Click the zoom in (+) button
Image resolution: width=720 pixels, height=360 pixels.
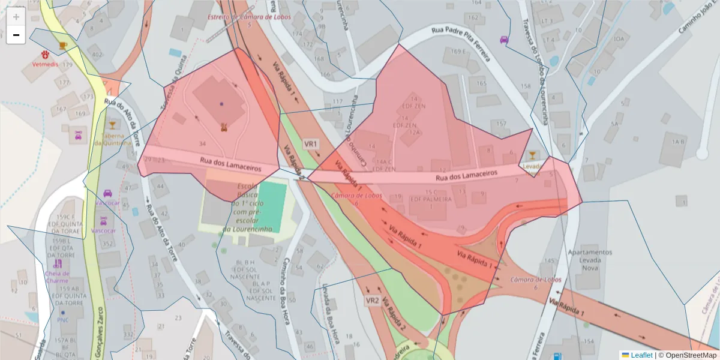coord(16,17)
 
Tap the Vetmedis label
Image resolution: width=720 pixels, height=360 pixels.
coord(45,64)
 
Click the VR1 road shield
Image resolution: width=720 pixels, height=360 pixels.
coord(311,144)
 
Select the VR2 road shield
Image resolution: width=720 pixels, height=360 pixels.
coord(372,300)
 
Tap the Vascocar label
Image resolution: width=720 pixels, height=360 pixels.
coord(103,230)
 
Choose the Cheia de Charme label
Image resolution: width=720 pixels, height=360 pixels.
coord(57,277)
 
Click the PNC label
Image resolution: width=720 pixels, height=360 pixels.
coord(62,320)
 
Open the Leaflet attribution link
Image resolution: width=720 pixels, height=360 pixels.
coord(641,355)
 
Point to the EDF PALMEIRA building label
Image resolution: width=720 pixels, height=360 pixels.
coord(430,199)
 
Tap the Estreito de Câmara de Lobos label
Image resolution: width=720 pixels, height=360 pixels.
coord(248,17)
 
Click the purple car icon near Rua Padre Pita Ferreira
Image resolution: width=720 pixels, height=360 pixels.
coord(504,40)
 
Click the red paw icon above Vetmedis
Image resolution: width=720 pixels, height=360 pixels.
coord(45,54)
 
